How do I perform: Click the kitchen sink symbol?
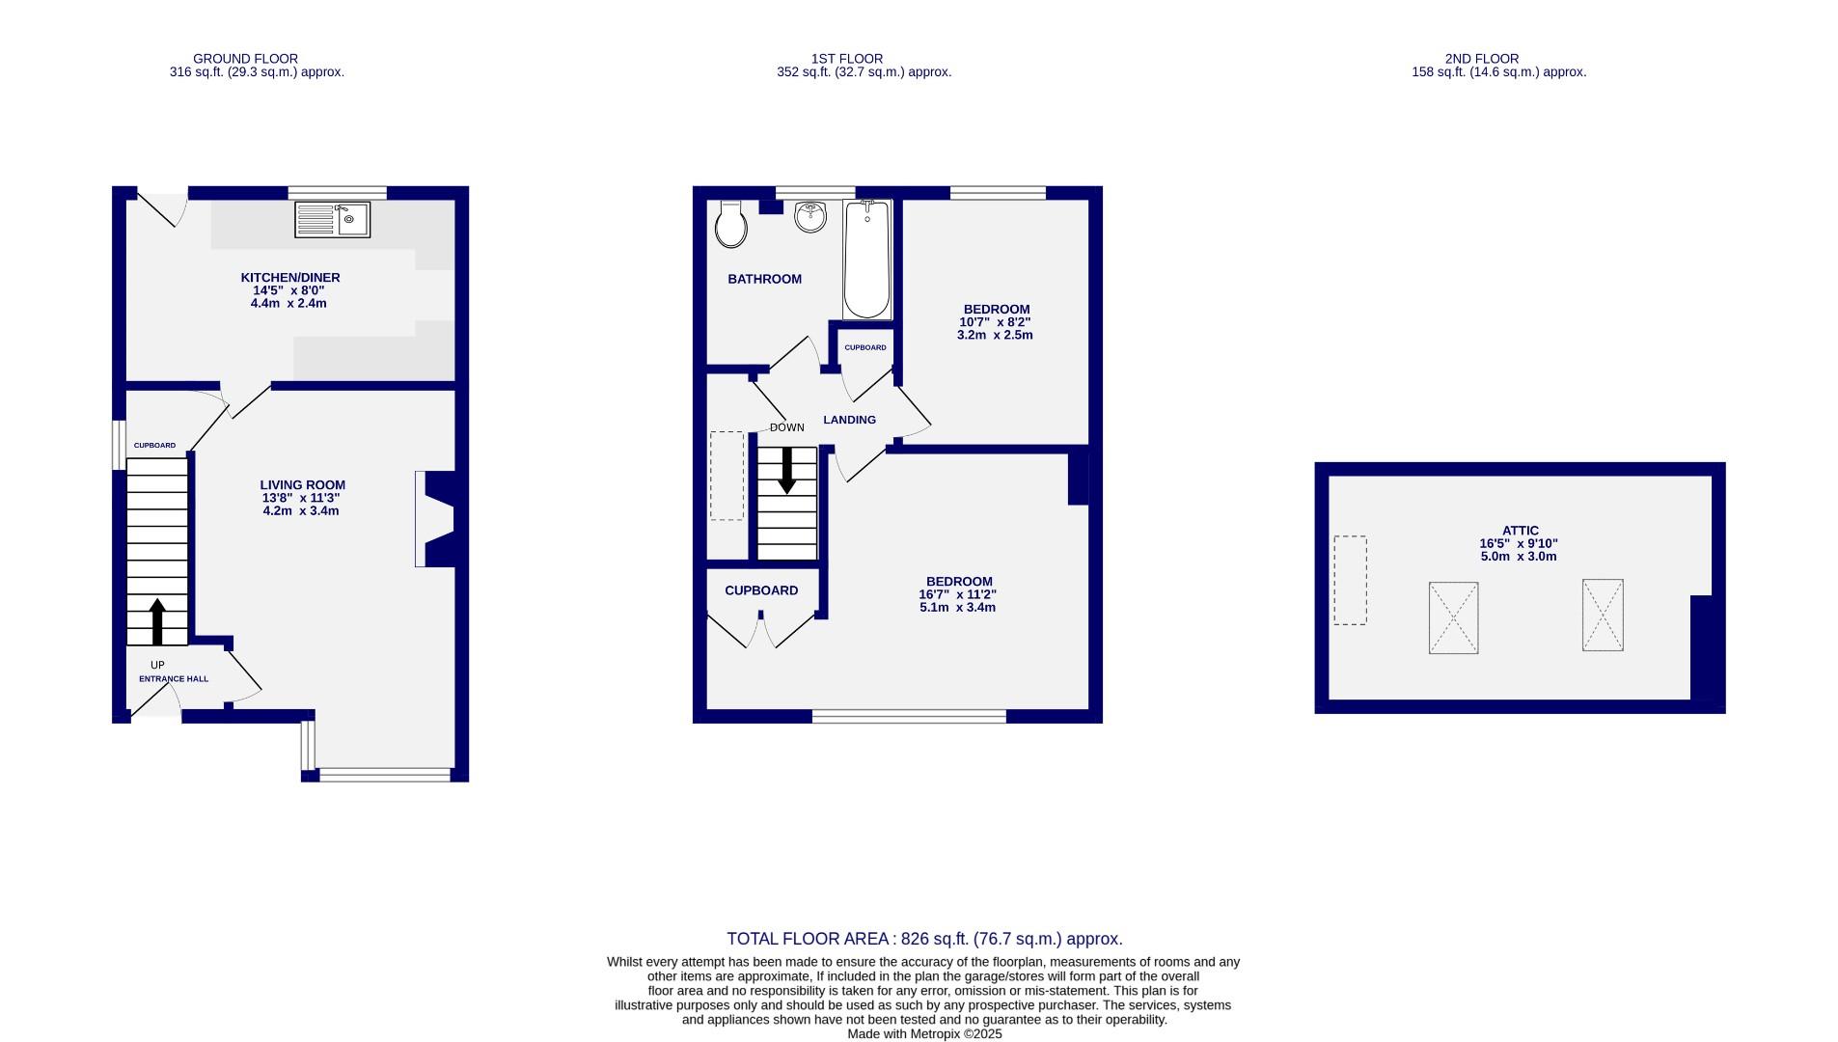click(332, 220)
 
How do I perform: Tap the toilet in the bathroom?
click(731, 226)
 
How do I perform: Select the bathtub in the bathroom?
click(866, 260)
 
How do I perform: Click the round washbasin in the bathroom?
click(811, 218)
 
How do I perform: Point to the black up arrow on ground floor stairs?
click(157, 621)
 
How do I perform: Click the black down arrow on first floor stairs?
click(787, 470)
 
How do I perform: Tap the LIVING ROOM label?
click(302, 485)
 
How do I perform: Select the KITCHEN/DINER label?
click(290, 278)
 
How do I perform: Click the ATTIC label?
click(1520, 531)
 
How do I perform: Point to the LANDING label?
click(849, 420)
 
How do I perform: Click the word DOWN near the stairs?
click(786, 427)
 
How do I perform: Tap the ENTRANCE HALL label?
click(174, 679)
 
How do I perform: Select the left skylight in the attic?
click(1453, 617)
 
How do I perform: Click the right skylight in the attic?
click(1602, 616)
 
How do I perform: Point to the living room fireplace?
click(436, 518)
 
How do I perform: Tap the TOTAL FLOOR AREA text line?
click(923, 939)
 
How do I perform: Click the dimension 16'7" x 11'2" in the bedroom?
click(957, 595)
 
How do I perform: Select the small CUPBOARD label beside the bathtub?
click(864, 347)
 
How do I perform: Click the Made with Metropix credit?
click(923, 1033)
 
